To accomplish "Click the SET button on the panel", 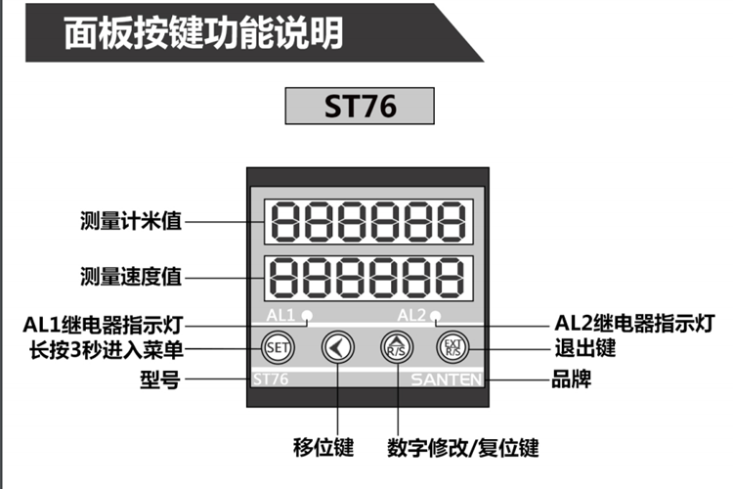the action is tap(277, 346).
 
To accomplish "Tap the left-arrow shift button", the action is tap(336, 346).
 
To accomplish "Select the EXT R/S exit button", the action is tap(453, 346).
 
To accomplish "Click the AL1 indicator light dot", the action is tap(307, 315).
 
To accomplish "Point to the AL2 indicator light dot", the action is tap(436, 315).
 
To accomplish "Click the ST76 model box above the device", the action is tap(360, 106).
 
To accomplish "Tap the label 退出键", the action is tap(585, 348).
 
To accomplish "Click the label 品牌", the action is tap(572, 378).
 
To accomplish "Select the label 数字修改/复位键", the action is tap(462, 448).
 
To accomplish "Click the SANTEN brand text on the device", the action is tap(447, 378).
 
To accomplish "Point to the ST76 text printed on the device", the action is tap(271, 378).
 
